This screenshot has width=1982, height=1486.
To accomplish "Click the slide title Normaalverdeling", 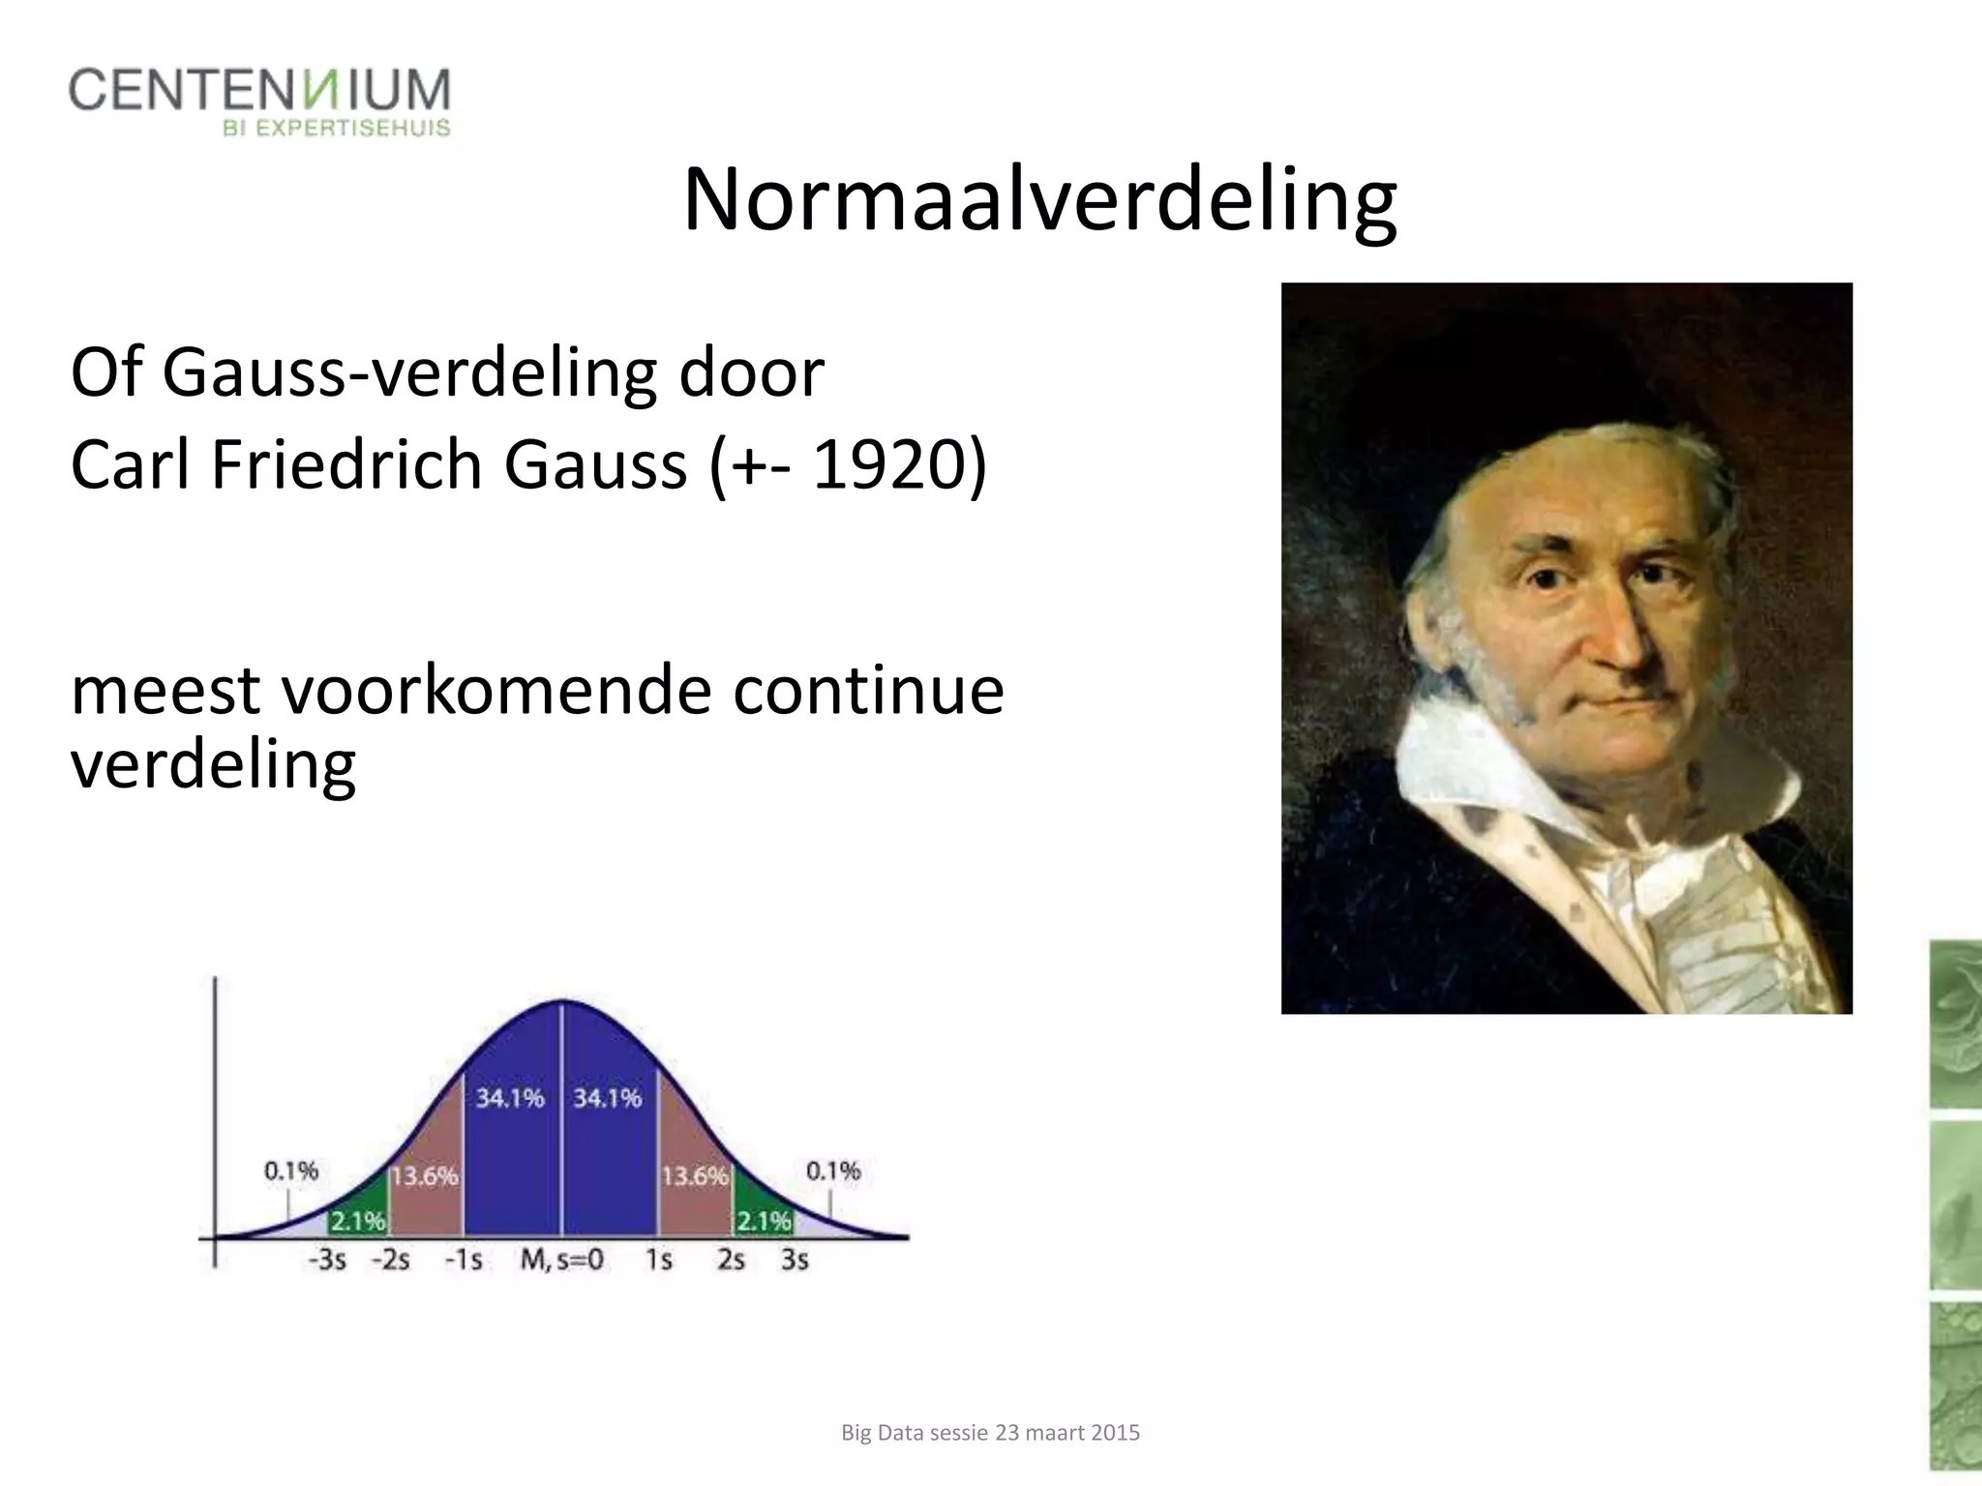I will coord(1039,201).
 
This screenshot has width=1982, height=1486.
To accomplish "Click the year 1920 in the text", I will coord(889,465).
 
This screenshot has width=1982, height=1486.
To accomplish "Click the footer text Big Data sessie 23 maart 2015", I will coord(990,1432).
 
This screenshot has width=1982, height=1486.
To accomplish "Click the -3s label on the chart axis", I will coord(327,1261).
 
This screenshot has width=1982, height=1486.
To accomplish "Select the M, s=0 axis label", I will coord(562,1260).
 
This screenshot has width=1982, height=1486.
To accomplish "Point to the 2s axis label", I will coord(731,1261).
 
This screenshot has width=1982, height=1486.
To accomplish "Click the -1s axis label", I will coord(463,1261).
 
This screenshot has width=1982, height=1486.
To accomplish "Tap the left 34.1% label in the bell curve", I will coord(510,1098).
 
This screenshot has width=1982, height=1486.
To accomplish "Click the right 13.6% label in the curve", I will coord(694,1176).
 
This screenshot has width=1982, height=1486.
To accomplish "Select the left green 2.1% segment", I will coord(358,1222).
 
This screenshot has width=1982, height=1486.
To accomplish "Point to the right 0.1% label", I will coord(833,1172).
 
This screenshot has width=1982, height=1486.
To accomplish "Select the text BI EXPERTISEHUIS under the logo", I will coord(337,129).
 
